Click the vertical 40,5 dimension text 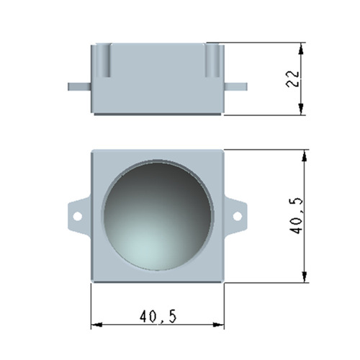297,216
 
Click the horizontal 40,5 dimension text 158,316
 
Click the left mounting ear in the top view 78,215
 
